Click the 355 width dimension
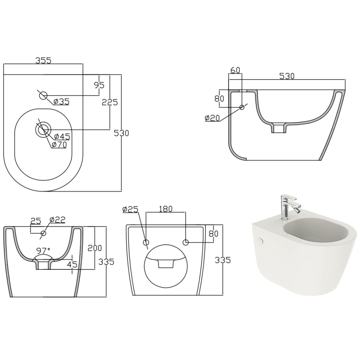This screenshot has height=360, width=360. tap(44, 60)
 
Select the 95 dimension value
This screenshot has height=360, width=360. tap(99, 85)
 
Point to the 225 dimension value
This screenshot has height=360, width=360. tap(110, 102)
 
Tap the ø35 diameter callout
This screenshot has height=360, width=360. tap(61, 101)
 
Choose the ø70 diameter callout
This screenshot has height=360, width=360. tap(59, 144)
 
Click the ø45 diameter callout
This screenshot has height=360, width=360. tap(62, 136)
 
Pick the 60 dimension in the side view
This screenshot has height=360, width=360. tap(235, 70)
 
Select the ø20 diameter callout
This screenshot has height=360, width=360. tap(212, 118)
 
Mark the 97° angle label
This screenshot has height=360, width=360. tap(43, 250)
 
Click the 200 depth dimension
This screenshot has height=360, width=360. tap(95, 248)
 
